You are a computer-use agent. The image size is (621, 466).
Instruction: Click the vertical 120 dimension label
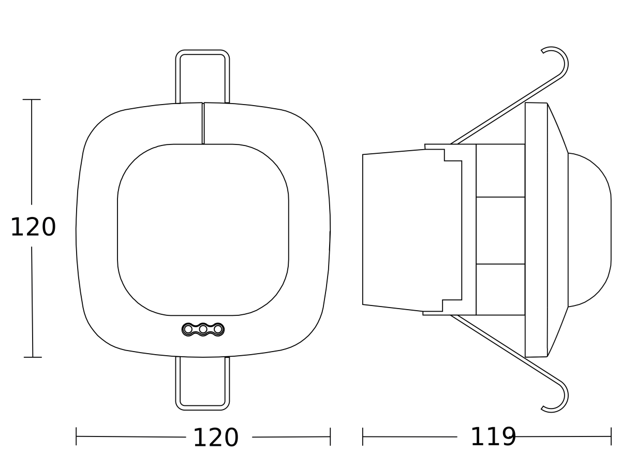(x=33, y=227)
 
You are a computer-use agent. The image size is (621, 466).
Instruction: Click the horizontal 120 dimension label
(x=216, y=438)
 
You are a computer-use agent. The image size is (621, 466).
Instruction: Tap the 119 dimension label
(x=493, y=437)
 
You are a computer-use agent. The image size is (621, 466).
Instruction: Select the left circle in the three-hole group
(x=188, y=329)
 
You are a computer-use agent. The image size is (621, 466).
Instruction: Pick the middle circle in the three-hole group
(x=203, y=329)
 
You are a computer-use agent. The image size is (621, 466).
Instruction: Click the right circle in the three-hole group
(x=218, y=329)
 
